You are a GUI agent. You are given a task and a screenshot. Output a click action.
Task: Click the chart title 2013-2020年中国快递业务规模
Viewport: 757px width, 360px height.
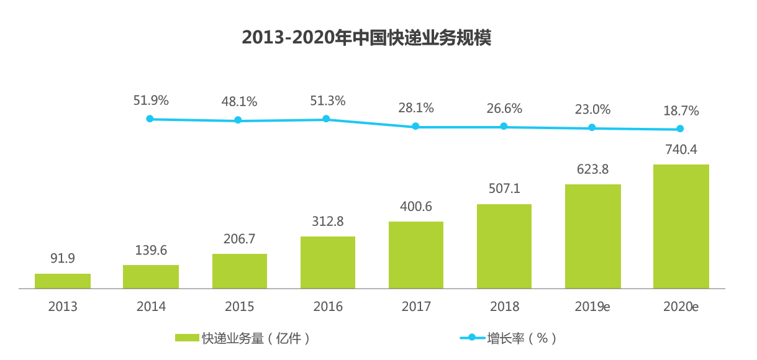(x=366, y=38)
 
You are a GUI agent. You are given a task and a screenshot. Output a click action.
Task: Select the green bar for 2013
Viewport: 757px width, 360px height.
(x=63, y=281)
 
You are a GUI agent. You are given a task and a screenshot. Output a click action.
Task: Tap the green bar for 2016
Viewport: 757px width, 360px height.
(x=328, y=263)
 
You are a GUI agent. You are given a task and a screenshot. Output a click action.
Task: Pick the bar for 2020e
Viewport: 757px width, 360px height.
(x=681, y=227)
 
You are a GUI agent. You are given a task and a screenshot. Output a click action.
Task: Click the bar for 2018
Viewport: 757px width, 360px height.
(x=504, y=246)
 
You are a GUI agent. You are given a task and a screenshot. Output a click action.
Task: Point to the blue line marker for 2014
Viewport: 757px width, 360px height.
(x=150, y=119)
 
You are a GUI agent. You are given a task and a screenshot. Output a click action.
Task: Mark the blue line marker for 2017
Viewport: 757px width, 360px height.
(x=416, y=127)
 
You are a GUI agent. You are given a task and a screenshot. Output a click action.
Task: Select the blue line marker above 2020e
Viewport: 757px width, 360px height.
(x=681, y=129)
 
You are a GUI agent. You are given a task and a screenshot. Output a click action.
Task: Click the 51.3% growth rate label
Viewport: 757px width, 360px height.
(x=328, y=101)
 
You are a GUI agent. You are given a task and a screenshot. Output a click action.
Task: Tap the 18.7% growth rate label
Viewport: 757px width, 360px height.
(x=681, y=111)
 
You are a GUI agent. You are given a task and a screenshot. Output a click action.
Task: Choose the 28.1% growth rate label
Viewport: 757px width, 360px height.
(x=416, y=108)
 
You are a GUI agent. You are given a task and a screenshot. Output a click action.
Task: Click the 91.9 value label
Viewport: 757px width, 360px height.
(x=62, y=258)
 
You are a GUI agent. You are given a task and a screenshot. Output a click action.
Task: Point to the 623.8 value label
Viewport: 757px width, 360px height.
(x=593, y=168)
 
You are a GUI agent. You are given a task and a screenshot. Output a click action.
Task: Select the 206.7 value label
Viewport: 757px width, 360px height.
(x=240, y=238)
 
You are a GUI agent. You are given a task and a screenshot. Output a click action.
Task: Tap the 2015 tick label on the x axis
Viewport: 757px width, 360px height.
(x=239, y=307)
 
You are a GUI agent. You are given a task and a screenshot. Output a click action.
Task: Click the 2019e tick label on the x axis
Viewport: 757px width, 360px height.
(x=593, y=307)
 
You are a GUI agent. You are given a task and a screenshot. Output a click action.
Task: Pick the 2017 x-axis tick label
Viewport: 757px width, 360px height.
(x=416, y=307)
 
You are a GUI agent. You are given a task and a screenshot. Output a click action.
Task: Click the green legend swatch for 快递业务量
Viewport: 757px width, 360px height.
(x=187, y=338)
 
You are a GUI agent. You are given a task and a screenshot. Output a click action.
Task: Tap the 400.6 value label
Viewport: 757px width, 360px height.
(x=416, y=206)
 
